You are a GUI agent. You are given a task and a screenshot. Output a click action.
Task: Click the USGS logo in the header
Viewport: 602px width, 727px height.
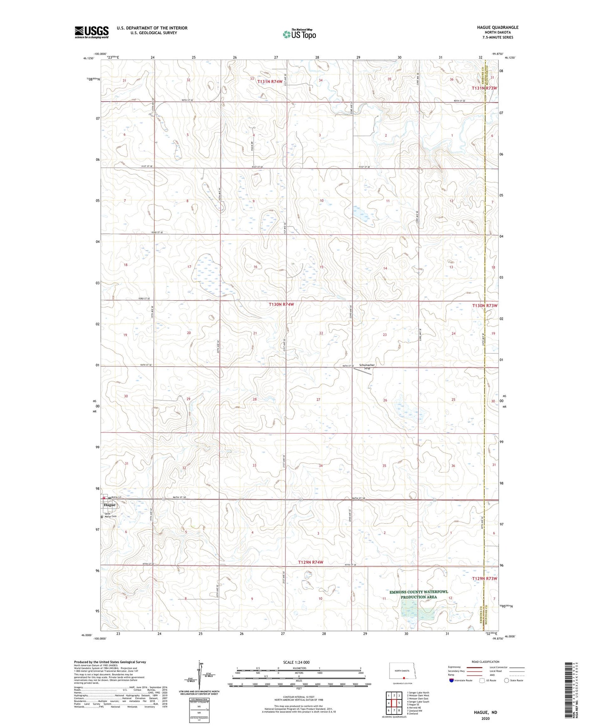[92, 32]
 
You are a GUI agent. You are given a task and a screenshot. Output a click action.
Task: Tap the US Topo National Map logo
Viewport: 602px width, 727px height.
[299, 34]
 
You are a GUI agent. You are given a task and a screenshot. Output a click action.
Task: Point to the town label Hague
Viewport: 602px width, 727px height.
[110, 505]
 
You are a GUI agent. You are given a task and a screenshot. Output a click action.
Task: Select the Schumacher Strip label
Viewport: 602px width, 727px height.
[367, 366]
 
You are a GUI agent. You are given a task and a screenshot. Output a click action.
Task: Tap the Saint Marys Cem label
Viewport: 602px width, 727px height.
[110, 515]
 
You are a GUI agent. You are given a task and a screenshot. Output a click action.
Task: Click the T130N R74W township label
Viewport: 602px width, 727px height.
[281, 304]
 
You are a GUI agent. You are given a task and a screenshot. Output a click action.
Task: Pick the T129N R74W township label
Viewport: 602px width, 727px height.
[310, 562]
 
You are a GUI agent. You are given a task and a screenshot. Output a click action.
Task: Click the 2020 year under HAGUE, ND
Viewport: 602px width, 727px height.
[485, 718]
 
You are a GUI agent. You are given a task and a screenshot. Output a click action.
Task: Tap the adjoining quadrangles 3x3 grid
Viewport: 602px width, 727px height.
[394, 704]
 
